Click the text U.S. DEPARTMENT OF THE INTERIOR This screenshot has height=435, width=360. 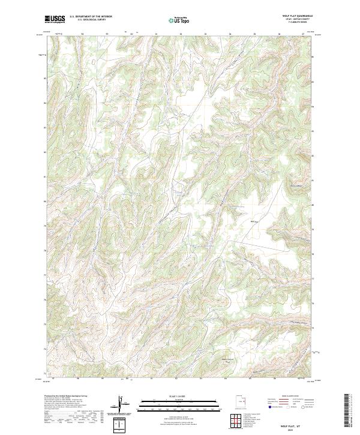91,17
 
